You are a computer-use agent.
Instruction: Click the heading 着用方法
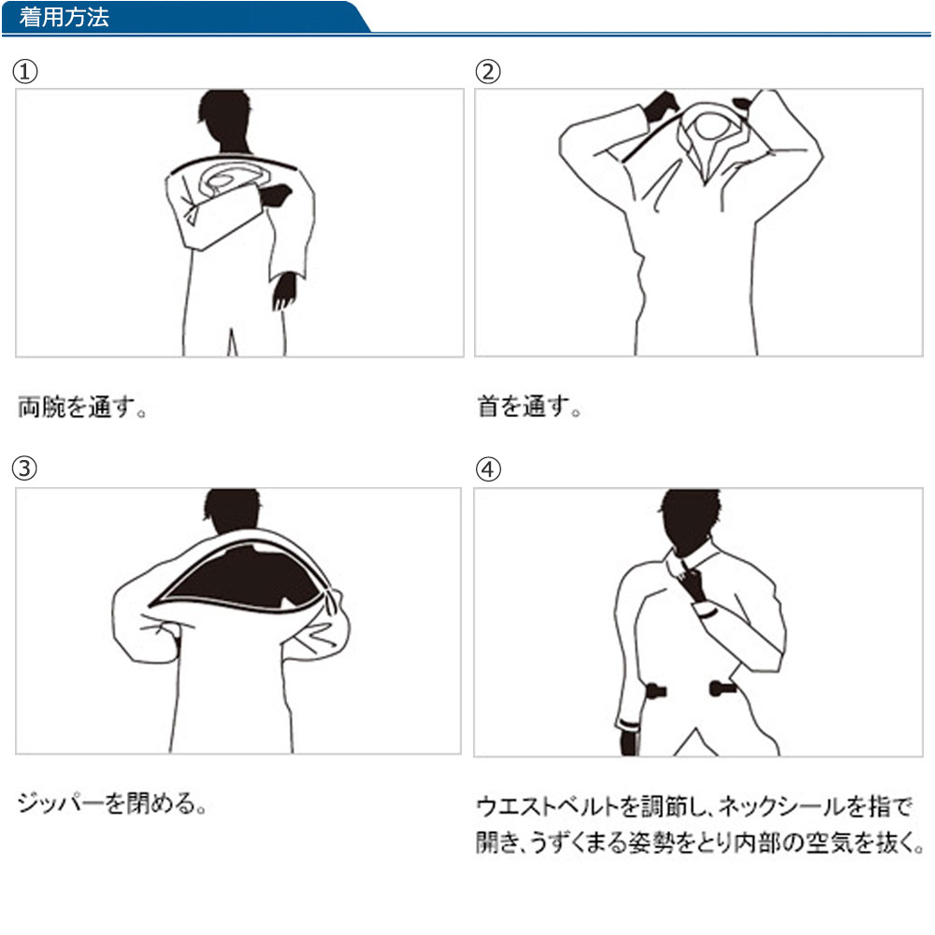(x=64, y=18)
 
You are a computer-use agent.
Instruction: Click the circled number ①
(x=26, y=72)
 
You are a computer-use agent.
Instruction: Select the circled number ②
(x=488, y=72)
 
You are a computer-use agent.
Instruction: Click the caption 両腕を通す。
(x=83, y=409)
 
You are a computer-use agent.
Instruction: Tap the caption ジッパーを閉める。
(x=111, y=803)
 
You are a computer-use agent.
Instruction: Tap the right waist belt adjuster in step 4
(x=721, y=689)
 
